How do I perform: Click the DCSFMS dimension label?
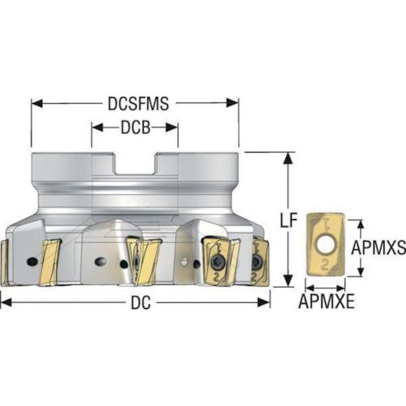coord(138,104)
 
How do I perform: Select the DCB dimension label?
coord(136,127)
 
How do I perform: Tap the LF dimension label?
coord(288,220)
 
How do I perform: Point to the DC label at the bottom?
coord(140,303)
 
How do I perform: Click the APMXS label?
coord(378,248)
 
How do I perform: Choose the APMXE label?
coord(326,301)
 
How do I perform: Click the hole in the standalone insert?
coord(325,245)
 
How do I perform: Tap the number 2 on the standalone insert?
coord(326,265)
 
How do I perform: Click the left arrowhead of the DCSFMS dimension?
coord(37,103)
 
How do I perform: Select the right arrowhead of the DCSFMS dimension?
coord(233,103)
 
